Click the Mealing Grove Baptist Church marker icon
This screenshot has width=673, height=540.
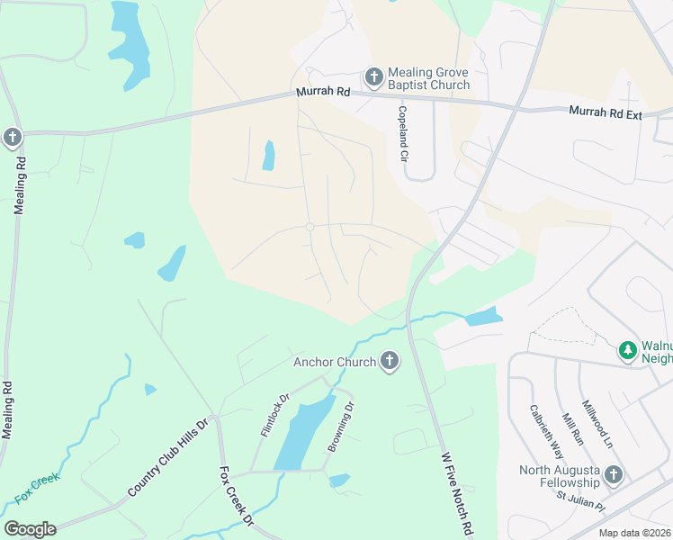pyautogui.click(x=375, y=76)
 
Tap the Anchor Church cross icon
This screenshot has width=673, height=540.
pyautogui.click(x=390, y=362)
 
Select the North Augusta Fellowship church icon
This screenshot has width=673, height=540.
pyautogui.click(x=614, y=474)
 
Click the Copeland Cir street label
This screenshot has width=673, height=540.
pyautogui.click(x=404, y=133)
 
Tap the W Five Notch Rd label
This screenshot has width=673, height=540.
pyautogui.click(x=456, y=495)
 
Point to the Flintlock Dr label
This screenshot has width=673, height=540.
pyautogui.click(x=274, y=415)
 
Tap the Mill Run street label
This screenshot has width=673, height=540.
pyautogui.click(x=572, y=429)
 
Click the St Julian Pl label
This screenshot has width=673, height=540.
pyautogui.click(x=580, y=499)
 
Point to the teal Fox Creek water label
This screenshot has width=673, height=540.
pyautogui.click(x=37, y=487)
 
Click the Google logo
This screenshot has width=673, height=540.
pyautogui.click(x=30, y=529)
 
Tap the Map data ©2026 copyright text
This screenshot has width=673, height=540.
pyautogui.click(x=633, y=533)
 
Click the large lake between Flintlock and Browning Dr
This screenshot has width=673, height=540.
pyautogui.click(x=301, y=432)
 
